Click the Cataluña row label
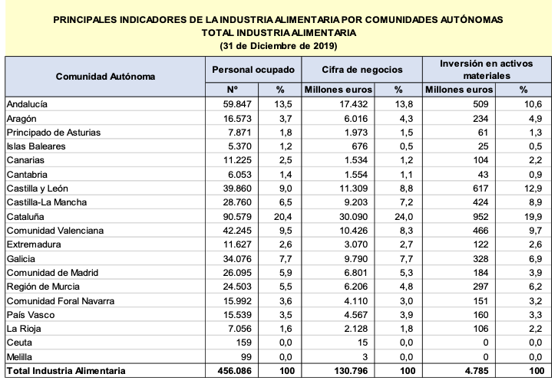[x=25, y=216]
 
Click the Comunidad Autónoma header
[x=105, y=77]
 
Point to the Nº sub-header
[x=236, y=90]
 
